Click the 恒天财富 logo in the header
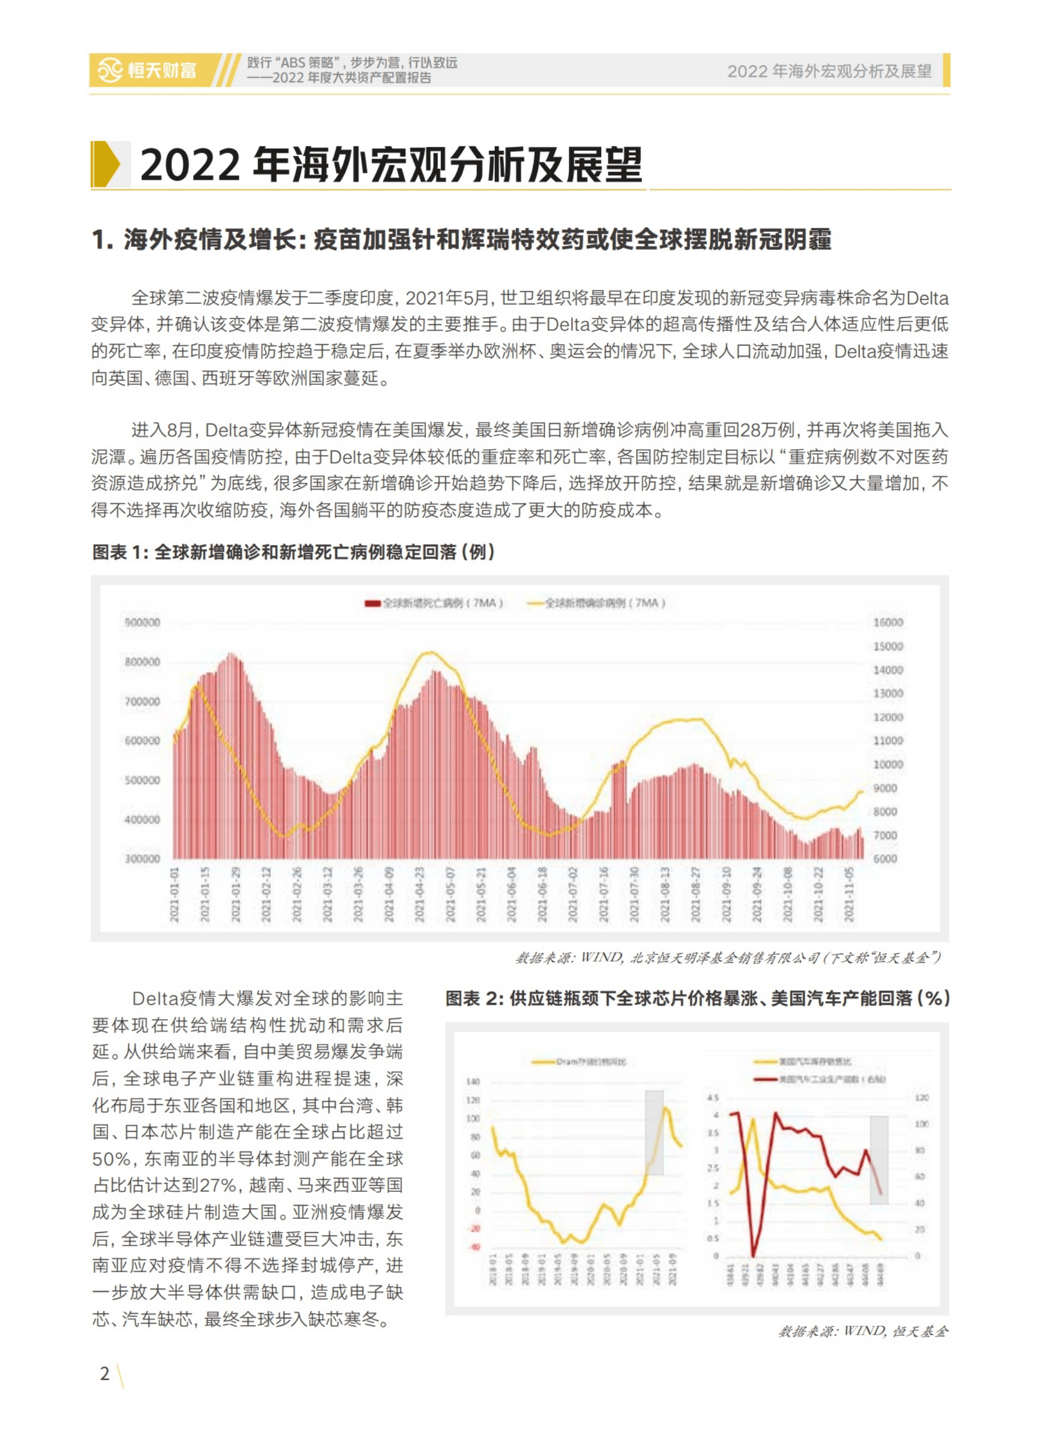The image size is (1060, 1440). coord(147,70)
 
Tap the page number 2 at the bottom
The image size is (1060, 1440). coord(105,1373)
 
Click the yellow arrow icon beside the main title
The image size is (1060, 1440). coord(106,164)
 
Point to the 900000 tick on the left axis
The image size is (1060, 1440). coord(142,622)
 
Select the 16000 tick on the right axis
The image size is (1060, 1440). coord(888,622)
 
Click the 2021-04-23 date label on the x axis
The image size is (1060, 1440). coord(420,894)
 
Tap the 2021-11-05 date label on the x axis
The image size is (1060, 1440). coord(850,894)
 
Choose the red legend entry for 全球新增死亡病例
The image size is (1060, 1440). coord(434,603)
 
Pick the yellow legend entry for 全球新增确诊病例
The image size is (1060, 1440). coord(596,603)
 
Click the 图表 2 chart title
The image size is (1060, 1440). coord(697,998)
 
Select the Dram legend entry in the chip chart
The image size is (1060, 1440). coord(579,1061)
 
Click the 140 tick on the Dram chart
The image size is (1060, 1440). coord(473,1081)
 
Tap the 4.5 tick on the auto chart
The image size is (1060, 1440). coord(713,1097)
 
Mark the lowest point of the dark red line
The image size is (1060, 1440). coord(754,1254)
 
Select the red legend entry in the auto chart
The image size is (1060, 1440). coord(820,1079)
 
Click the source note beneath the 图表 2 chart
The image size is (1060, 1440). coord(863,1331)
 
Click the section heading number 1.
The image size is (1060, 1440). coord(100,240)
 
